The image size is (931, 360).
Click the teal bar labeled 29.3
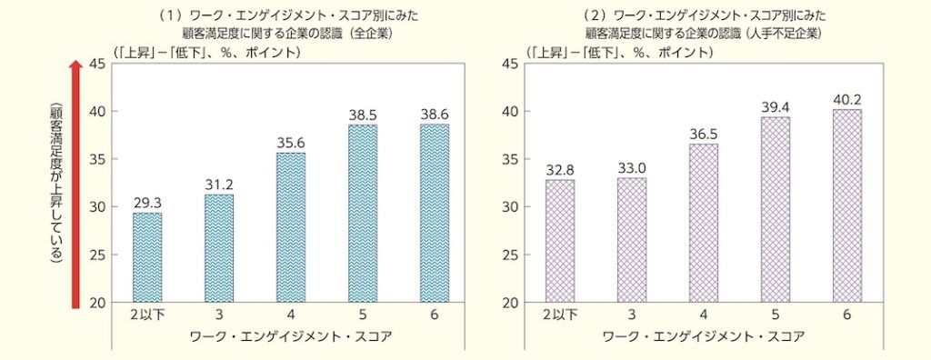[147, 257]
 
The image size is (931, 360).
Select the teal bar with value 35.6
[291, 227]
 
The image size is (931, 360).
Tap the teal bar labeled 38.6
[434, 213]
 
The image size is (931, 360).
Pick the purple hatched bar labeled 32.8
[560, 241]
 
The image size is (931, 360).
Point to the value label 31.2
[219, 185]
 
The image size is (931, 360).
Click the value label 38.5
[362, 116]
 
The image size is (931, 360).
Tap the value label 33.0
[632, 167]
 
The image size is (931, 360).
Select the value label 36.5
[704, 134]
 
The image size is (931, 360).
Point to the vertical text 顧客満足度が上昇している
[56, 182]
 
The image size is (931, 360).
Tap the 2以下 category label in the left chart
[147, 315]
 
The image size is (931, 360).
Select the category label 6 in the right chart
[847, 315]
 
